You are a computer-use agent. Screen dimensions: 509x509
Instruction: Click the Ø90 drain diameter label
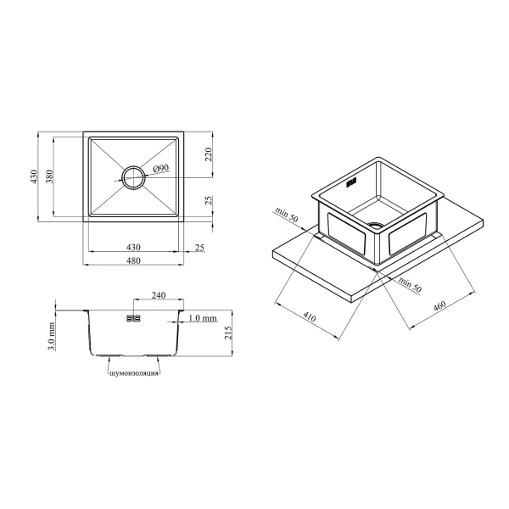(161, 169)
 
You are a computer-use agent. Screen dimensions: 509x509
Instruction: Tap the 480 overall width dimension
(133, 260)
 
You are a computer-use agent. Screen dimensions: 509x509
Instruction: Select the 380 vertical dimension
(49, 176)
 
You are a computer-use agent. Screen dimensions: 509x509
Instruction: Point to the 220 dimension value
(208, 154)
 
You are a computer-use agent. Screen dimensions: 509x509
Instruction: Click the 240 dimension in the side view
(159, 295)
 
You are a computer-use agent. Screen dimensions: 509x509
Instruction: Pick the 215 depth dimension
(228, 333)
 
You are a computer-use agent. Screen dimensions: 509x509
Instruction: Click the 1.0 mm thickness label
(203, 318)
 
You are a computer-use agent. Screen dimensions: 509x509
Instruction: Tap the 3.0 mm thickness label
(51, 337)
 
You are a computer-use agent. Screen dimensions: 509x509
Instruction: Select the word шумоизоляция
(134, 373)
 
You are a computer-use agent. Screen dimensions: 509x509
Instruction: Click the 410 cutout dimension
(309, 316)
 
